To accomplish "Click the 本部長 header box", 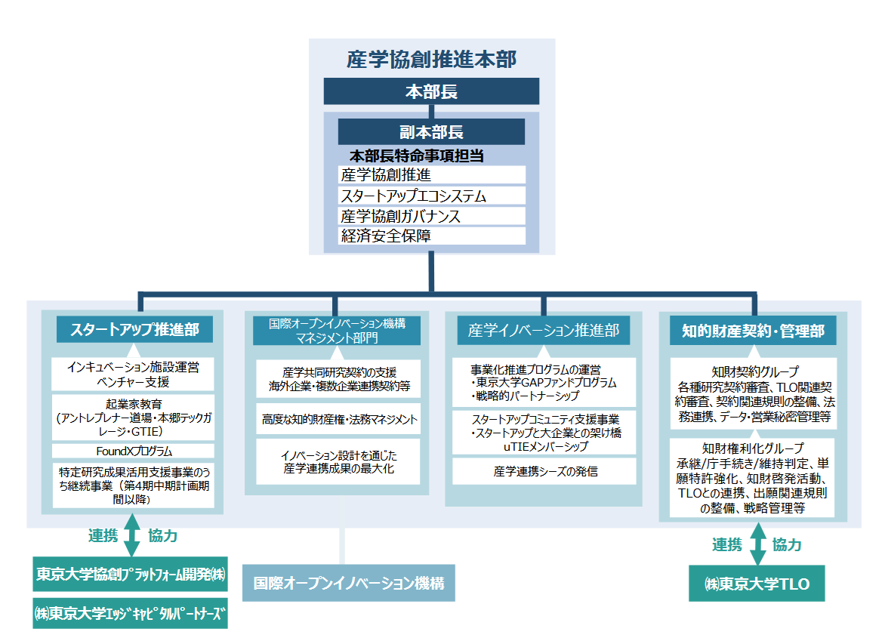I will [x=431, y=91].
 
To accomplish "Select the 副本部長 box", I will [x=431, y=132].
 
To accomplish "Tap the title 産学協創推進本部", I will [x=431, y=60].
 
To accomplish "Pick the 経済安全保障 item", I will [x=431, y=236].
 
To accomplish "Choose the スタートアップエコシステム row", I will [x=431, y=196].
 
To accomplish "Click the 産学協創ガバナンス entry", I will [x=431, y=216].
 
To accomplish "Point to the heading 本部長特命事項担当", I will [x=416, y=156].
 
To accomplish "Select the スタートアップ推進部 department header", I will [x=134, y=330].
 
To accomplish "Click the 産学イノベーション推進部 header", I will [x=543, y=330].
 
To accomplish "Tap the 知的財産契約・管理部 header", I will [x=753, y=330].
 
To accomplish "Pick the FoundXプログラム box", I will [x=133, y=451].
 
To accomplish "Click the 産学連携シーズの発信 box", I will [x=544, y=471].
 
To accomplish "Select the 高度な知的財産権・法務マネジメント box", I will [x=339, y=418].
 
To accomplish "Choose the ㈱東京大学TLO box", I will [x=756, y=584].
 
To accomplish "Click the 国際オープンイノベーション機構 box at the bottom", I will [x=348, y=583].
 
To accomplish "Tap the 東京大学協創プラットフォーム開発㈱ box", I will [x=131, y=575].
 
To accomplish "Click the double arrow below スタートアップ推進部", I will [x=133, y=535].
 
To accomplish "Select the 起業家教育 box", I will [x=133, y=418].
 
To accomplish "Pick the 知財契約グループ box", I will [x=753, y=393].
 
